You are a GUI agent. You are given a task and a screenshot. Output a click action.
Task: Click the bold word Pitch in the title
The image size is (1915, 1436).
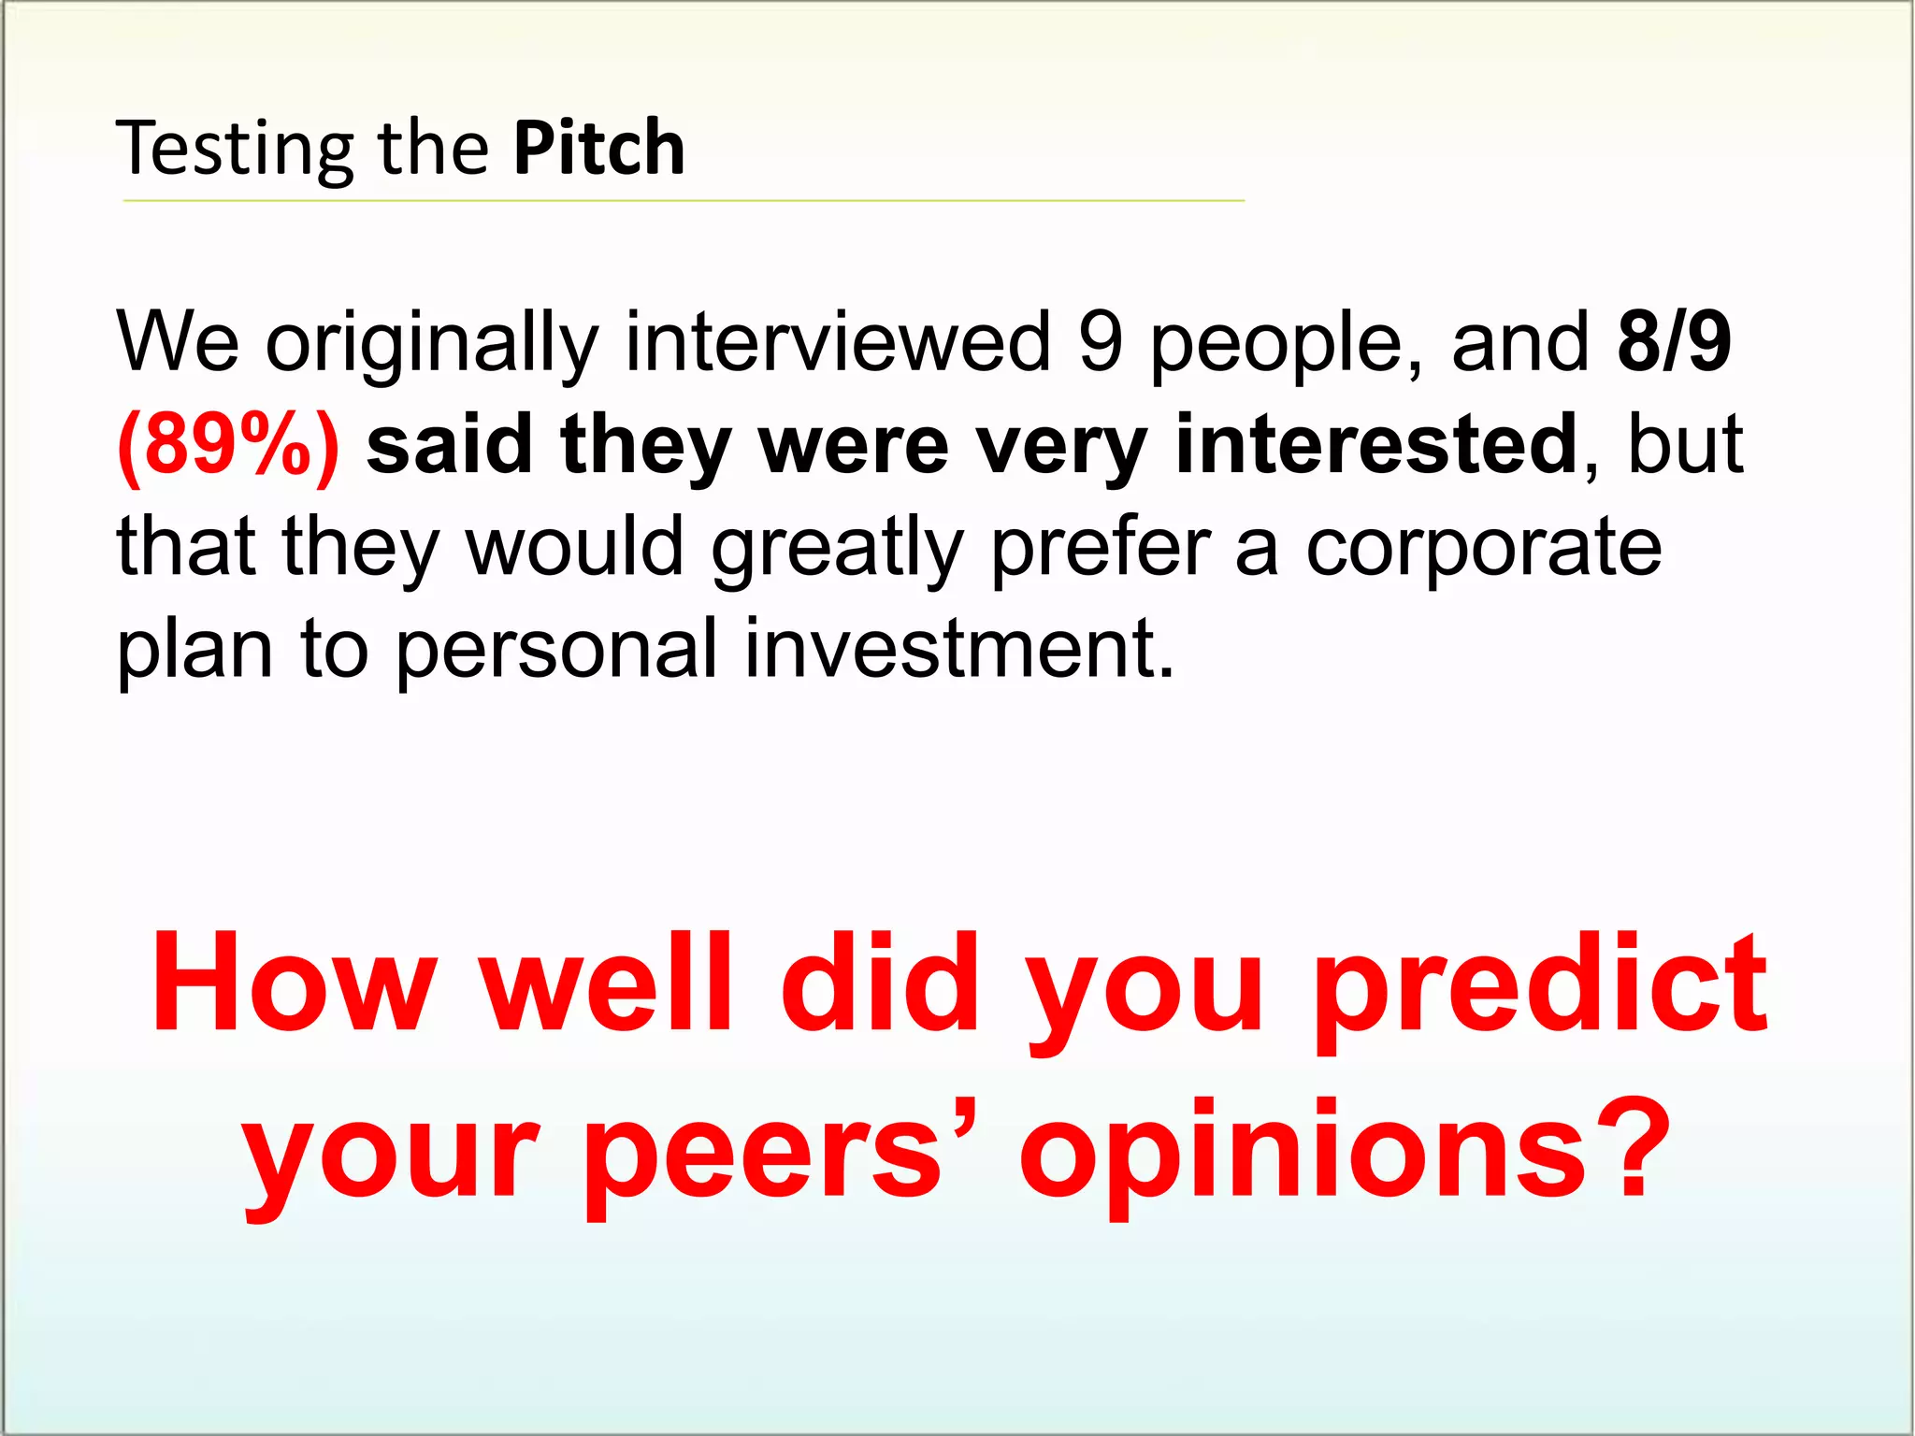[x=598, y=148]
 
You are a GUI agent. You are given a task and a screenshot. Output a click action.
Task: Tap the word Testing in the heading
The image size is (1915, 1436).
[x=234, y=150]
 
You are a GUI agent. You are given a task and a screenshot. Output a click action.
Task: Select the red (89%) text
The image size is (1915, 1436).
[x=228, y=445]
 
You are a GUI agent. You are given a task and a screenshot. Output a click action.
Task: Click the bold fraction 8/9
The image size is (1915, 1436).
[x=1674, y=342]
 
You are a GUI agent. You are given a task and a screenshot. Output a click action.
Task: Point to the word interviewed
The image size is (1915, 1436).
[x=839, y=342]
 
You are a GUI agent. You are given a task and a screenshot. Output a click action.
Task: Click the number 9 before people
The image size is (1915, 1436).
[x=1100, y=342]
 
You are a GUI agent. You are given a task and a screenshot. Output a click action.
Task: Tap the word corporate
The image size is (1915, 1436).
[x=1483, y=547]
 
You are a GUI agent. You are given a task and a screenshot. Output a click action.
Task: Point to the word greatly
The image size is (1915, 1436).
[x=837, y=547]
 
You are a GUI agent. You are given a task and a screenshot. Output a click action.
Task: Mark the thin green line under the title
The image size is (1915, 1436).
[x=683, y=200]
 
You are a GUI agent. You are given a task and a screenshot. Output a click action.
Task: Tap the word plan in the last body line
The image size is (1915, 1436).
[x=194, y=650]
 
